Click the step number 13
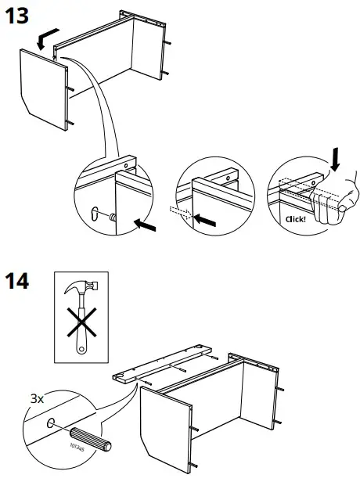point(19,16)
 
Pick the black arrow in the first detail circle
point(147,225)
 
